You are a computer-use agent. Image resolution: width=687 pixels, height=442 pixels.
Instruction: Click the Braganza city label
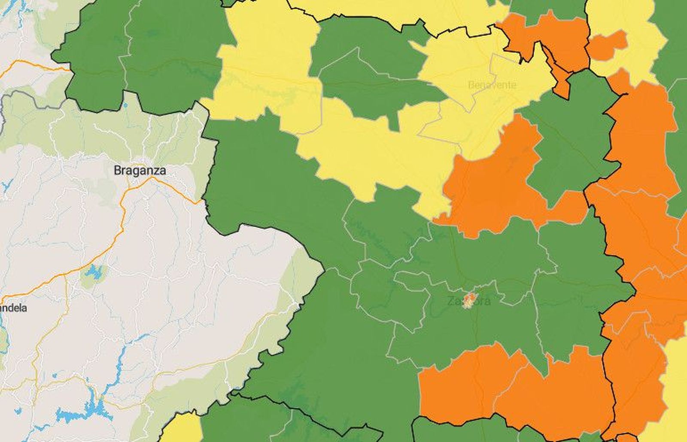tap(140, 170)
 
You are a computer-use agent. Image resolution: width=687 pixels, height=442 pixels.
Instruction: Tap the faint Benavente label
tap(492, 84)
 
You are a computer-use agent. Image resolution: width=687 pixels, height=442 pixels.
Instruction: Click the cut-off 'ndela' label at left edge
tap(14, 308)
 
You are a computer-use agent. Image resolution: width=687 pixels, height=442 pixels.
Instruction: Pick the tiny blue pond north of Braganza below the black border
tap(125, 105)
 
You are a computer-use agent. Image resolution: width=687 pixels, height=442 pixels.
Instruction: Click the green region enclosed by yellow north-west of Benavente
tap(369, 73)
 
